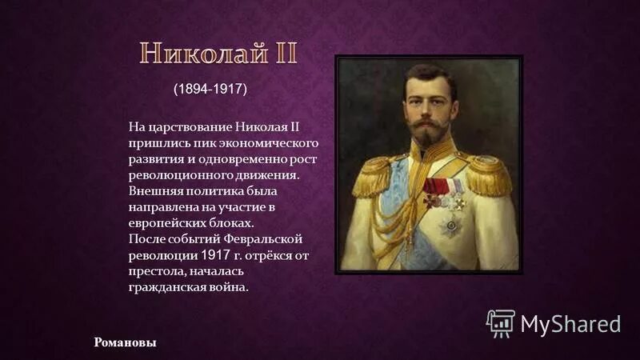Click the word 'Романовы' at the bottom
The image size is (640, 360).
pos(125,342)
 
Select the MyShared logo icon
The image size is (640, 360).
pos(500,322)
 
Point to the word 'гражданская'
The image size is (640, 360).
pos(165,286)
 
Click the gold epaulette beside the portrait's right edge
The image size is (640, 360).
pos(488,174)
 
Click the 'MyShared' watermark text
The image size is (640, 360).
pos(570,323)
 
